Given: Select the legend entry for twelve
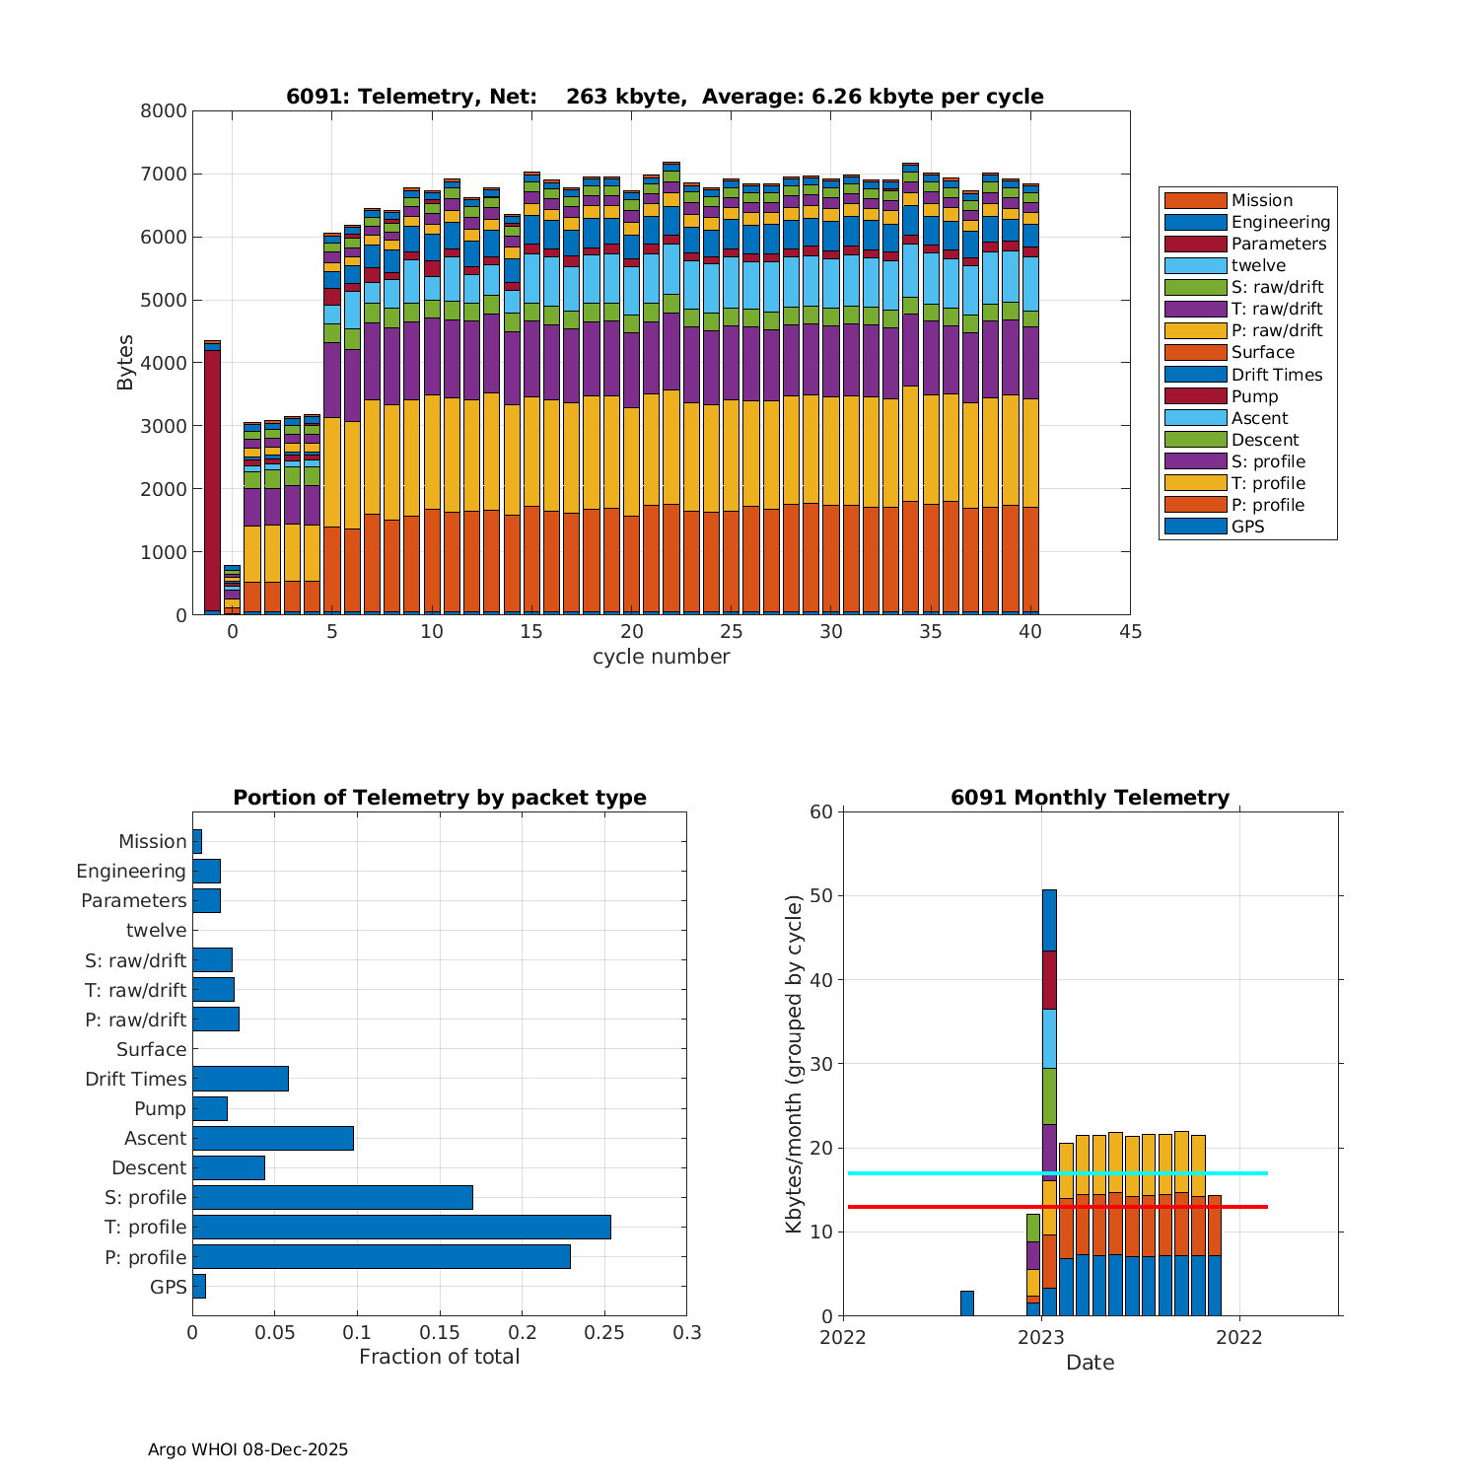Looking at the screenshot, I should click(x=1258, y=265).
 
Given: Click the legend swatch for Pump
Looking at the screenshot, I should click(x=1195, y=396).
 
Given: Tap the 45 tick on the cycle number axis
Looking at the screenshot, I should click(x=1130, y=632).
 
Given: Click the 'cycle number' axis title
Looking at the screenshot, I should click(x=661, y=657).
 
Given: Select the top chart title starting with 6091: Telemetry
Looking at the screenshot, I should click(x=665, y=97).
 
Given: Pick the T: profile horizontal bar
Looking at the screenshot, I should click(x=401, y=1227).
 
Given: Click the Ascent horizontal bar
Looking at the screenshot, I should click(x=273, y=1138).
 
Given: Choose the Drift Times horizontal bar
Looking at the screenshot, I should click(x=241, y=1079).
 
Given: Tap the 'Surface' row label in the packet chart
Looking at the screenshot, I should click(x=151, y=1049).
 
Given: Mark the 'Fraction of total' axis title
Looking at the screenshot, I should click(x=439, y=1357).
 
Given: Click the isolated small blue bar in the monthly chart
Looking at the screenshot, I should click(x=967, y=1303).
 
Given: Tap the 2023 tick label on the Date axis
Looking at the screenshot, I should click(x=1041, y=1337).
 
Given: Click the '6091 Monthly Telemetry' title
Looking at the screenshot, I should click(x=1090, y=798).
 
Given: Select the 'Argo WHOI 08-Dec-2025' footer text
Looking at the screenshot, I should click(x=247, y=1449).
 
